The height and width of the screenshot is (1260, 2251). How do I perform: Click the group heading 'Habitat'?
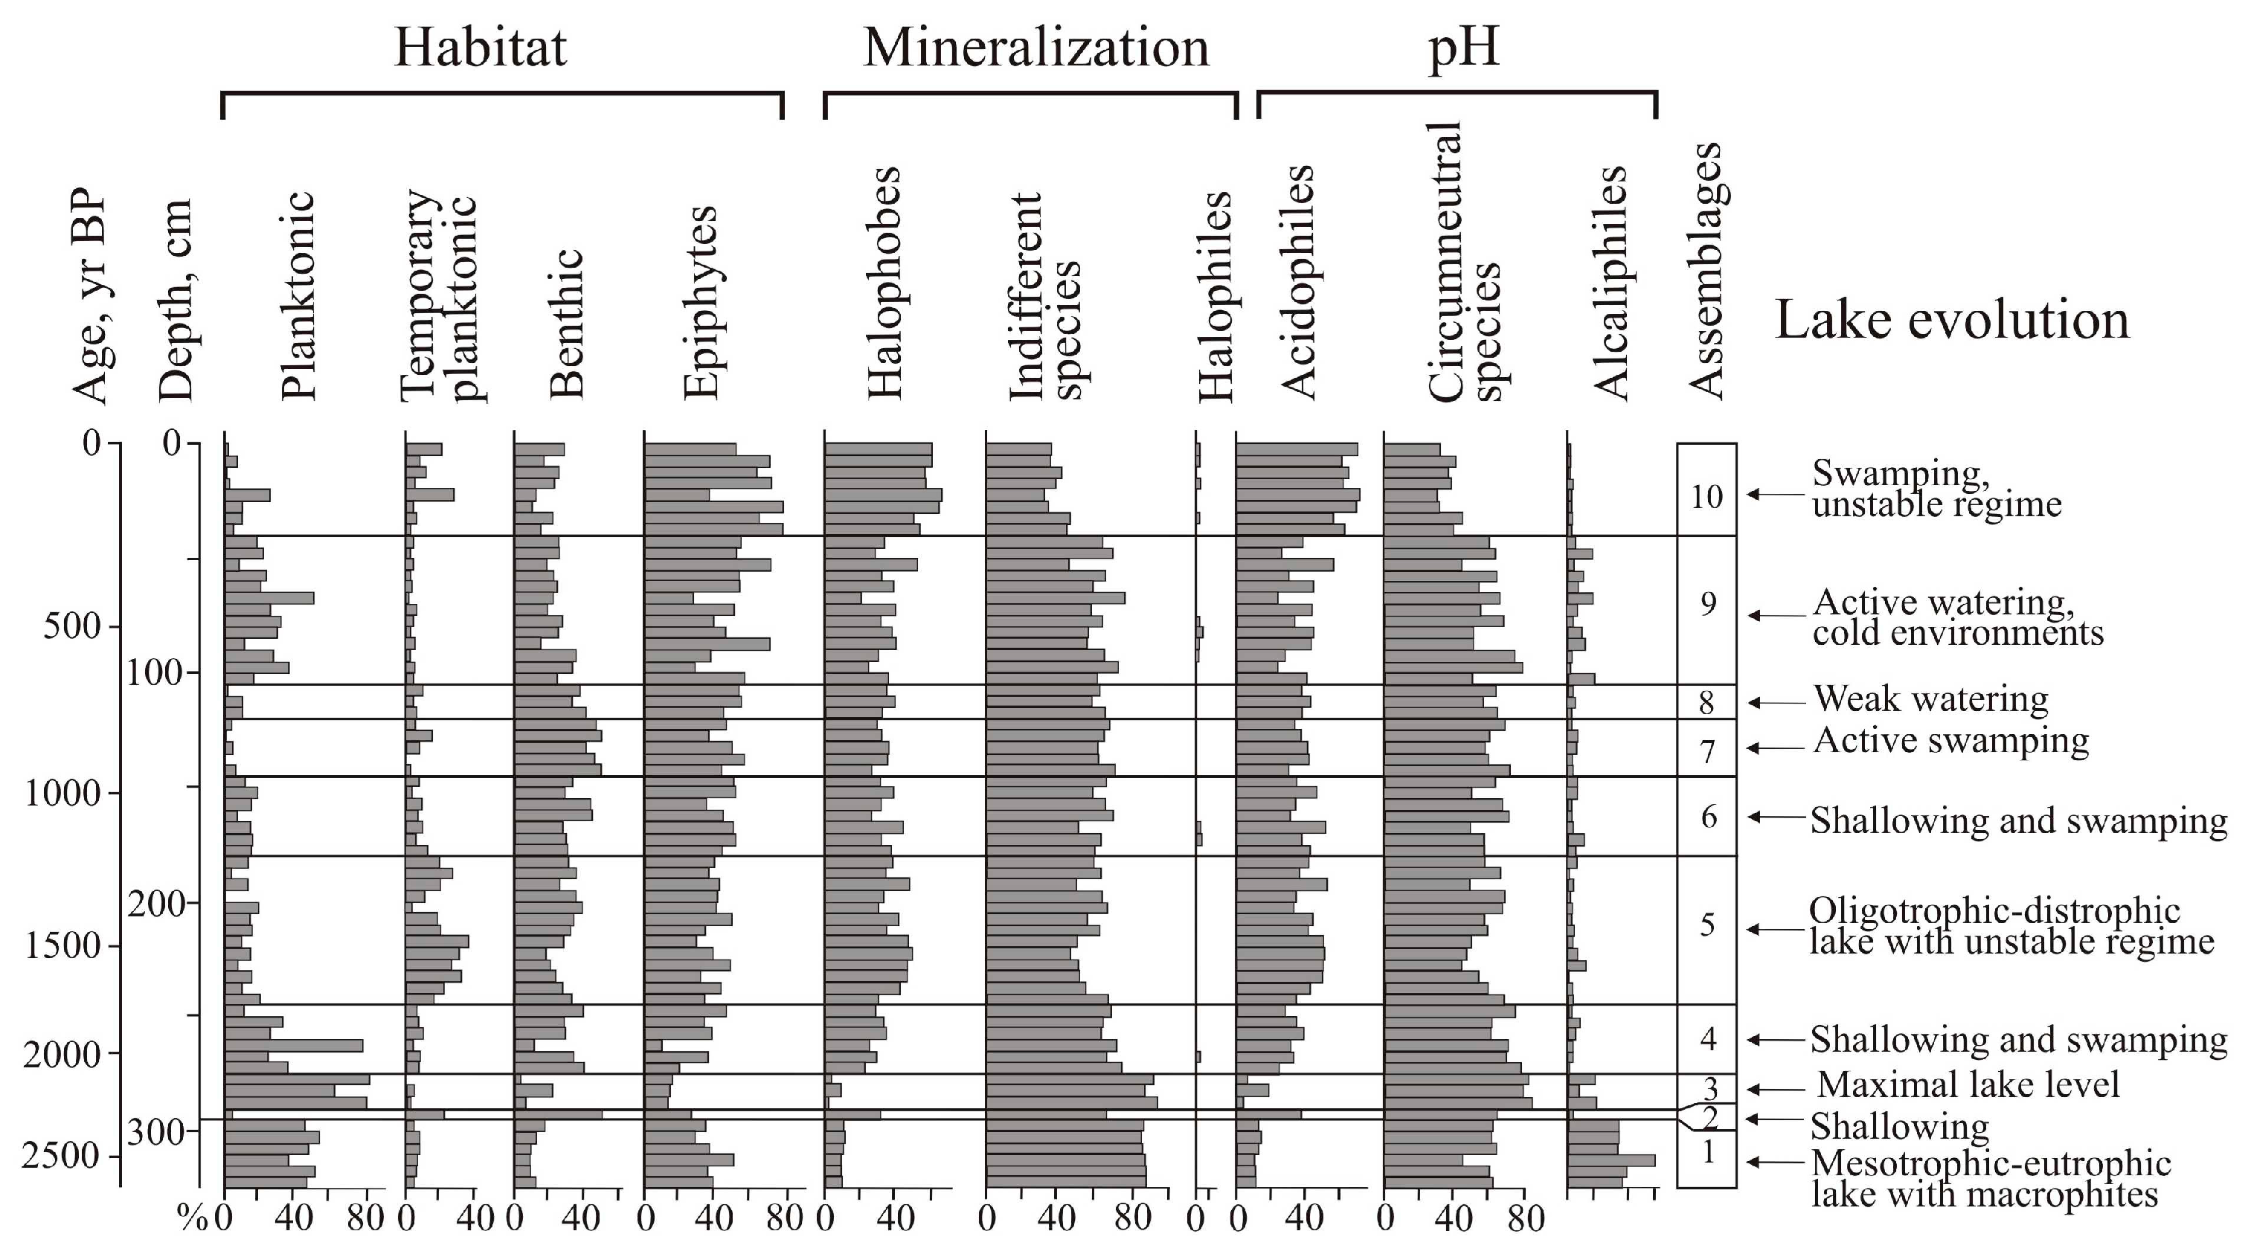[480, 48]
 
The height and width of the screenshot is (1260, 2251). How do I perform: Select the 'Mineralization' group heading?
[1035, 48]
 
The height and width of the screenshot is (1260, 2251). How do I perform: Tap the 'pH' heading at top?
[1464, 48]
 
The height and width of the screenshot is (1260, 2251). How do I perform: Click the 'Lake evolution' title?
[1952, 320]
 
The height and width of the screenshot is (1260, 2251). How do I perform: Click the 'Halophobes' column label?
[884, 284]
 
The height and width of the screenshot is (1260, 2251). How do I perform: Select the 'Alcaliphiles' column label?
[1611, 284]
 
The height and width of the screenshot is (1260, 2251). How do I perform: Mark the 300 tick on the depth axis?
[156, 1134]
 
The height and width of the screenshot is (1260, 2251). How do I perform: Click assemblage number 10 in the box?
[1706, 497]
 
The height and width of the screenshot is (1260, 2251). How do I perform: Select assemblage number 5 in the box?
[1706, 925]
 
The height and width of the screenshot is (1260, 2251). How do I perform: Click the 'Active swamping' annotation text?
[1950, 741]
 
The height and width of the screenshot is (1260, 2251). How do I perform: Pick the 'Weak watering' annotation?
[1930, 699]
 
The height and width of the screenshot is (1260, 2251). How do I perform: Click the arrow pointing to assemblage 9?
[1774, 616]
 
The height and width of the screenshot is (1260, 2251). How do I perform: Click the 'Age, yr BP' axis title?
[90, 297]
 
